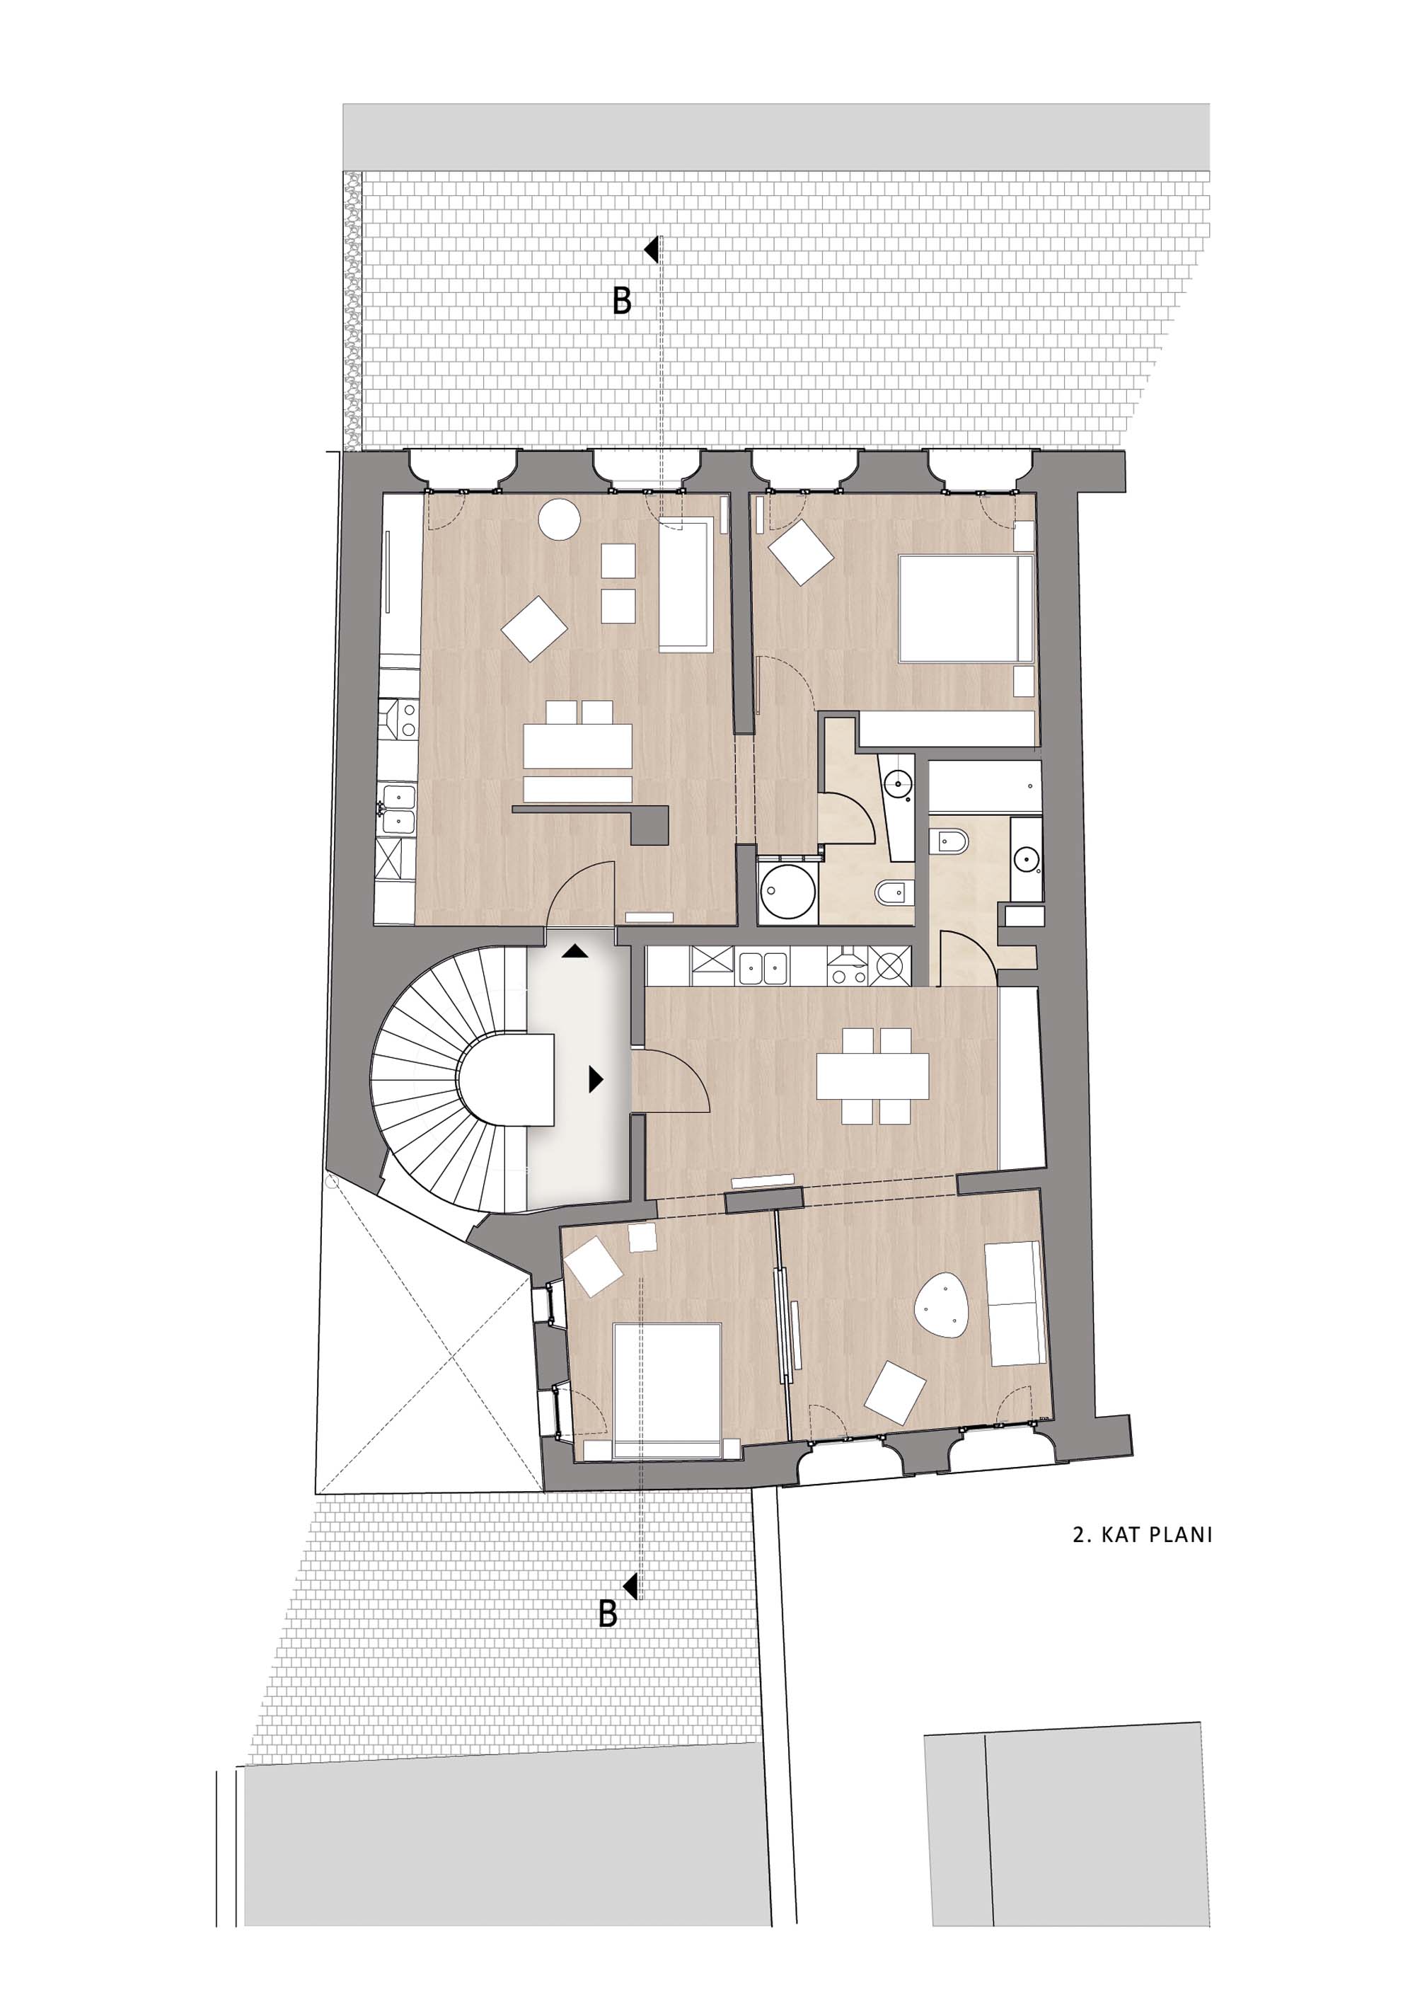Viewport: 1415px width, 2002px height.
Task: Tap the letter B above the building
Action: click(x=622, y=301)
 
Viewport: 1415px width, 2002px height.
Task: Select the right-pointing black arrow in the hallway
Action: click(x=596, y=1079)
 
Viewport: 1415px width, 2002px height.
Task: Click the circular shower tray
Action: click(x=788, y=892)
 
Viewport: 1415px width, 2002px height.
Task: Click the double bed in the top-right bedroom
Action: click(x=966, y=609)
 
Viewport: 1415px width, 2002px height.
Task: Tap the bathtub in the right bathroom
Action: click(x=985, y=788)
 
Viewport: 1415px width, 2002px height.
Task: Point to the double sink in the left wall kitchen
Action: click(x=398, y=808)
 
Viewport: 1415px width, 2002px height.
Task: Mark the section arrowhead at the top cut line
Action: click(x=650, y=251)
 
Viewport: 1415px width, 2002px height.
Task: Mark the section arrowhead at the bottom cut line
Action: click(x=630, y=1586)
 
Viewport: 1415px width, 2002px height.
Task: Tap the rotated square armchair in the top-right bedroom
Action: click(x=800, y=553)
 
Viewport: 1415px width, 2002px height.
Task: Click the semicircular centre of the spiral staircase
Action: click(x=507, y=1079)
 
